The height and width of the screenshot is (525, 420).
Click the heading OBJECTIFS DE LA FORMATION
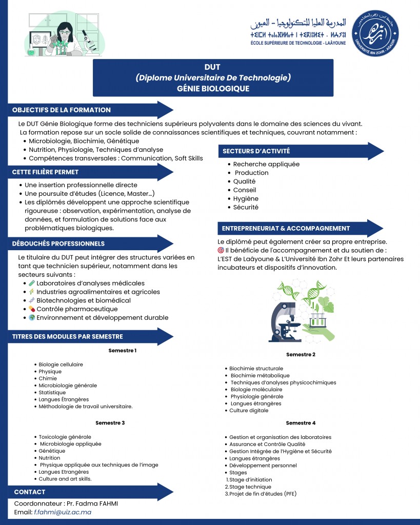pyautogui.click(x=62, y=110)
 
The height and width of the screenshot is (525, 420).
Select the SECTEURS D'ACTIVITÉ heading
pyautogui.click(x=256, y=151)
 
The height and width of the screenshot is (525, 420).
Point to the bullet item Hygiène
pyautogui.click(x=246, y=198)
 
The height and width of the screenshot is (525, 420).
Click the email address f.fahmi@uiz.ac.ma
pyautogui.click(x=63, y=512)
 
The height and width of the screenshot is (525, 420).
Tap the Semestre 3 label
pyautogui.click(x=110, y=423)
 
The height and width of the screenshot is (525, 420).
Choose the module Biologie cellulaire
pyautogui.click(x=61, y=365)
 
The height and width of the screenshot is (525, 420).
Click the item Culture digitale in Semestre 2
pyautogui.click(x=249, y=411)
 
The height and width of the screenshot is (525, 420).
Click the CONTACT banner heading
pyautogui.click(x=30, y=492)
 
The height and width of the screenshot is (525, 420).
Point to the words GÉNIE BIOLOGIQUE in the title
pyautogui.click(x=213, y=88)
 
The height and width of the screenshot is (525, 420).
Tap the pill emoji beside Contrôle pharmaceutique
pyautogui.click(x=32, y=309)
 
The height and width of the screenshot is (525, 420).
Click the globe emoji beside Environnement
pyautogui.click(x=32, y=318)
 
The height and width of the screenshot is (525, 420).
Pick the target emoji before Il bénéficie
pyautogui.click(x=221, y=250)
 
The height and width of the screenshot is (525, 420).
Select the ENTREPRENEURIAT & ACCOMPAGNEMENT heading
pyautogui.click(x=286, y=228)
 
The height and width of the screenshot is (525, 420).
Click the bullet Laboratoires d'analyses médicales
pyautogui.click(x=90, y=283)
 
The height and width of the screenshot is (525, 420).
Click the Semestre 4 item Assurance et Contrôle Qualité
pyautogui.click(x=267, y=444)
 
